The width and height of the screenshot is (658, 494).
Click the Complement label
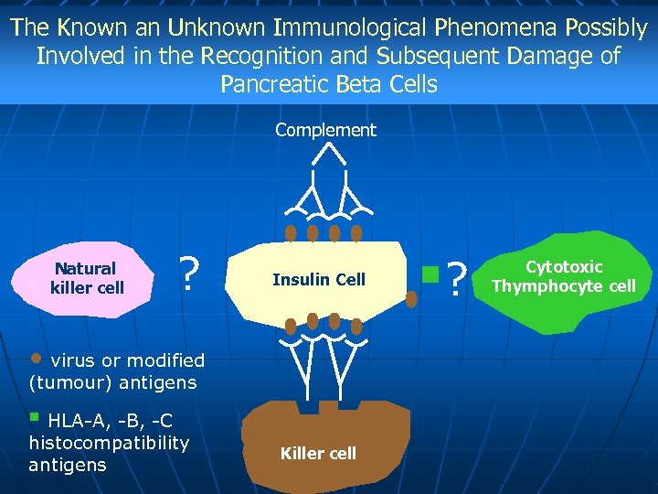click(325, 130)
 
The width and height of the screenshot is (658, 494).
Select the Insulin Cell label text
click(318, 280)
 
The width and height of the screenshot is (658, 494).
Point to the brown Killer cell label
click(318, 454)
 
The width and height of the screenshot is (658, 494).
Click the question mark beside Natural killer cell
click(188, 274)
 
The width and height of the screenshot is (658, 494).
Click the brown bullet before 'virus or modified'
click(37, 357)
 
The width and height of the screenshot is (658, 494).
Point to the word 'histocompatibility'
click(109, 443)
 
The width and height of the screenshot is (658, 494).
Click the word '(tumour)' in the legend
click(67, 381)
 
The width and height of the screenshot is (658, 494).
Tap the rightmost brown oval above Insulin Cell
click(356, 232)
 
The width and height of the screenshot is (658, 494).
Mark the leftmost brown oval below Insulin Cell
click(291, 325)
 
